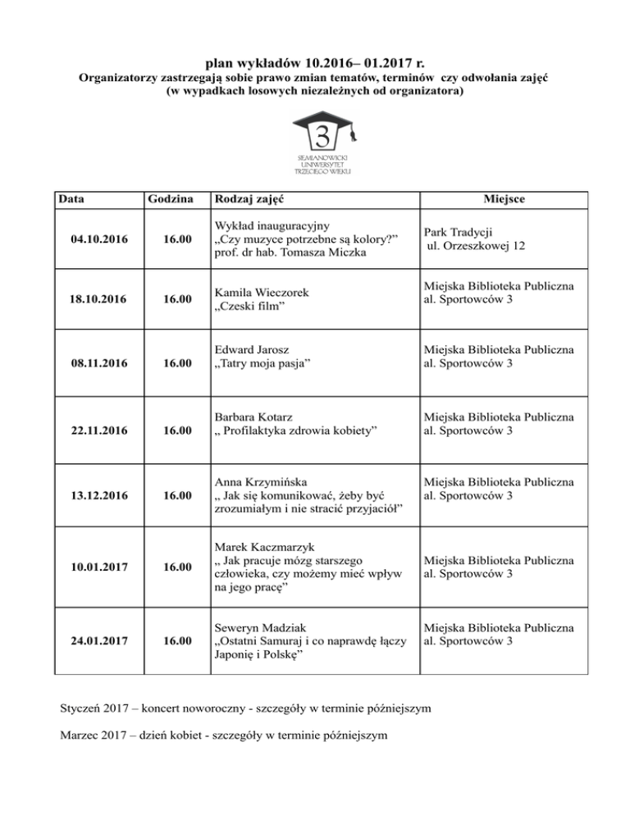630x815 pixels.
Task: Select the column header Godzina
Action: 170,200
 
